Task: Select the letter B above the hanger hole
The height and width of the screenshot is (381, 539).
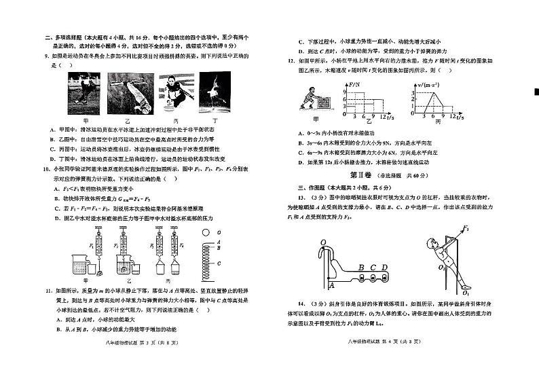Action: coord(362,268)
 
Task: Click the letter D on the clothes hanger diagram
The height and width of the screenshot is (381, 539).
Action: coord(384,268)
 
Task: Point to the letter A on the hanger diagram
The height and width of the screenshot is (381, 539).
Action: coord(331,287)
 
